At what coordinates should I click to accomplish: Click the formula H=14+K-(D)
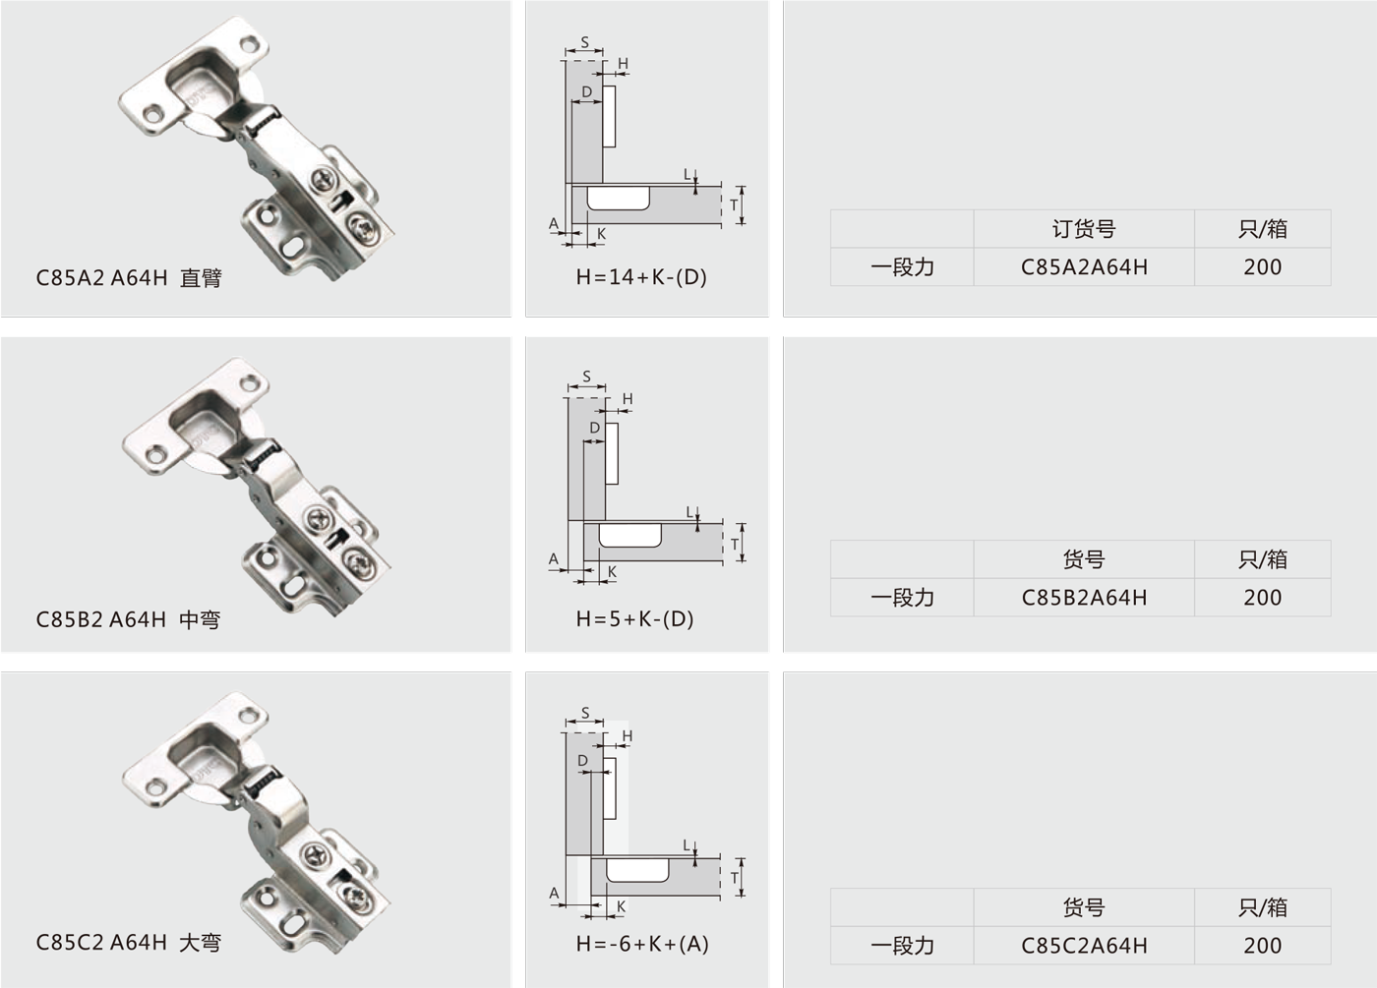click(x=641, y=277)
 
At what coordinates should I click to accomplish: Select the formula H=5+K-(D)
click(x=635, y=618)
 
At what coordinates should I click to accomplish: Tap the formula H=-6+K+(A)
click(x=642, y=944)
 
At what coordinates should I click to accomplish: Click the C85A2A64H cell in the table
click(x=1084, y=267)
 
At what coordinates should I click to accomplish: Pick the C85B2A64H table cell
click(x=1084, y=598)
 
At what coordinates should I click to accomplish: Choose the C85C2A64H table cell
click(x=1084, y=946)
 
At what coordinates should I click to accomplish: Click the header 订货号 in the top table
click(x=1084, y=229)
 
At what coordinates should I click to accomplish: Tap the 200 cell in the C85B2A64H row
click(x=1263, y=598)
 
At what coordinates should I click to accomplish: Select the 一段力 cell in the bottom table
click(x=902, y=946)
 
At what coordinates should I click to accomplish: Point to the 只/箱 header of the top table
click(x=1263, y=229)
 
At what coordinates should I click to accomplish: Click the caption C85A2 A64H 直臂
click(x=129, y=278)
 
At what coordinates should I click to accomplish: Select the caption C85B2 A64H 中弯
click(x=128, y=619)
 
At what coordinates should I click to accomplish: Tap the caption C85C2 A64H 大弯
click(x=129, y=943)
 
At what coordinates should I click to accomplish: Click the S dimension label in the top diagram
click(x=584, y=42)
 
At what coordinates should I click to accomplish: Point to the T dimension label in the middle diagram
click(x=735, y=545)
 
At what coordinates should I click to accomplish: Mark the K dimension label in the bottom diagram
click(x=621, y=906)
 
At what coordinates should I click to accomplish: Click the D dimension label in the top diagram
click(x=586, y=91)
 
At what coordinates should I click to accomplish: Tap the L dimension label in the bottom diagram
click(x=688, y=846)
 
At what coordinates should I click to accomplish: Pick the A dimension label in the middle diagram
click(x=553, y=559)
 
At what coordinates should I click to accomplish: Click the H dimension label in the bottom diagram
click(x=628, y=736)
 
